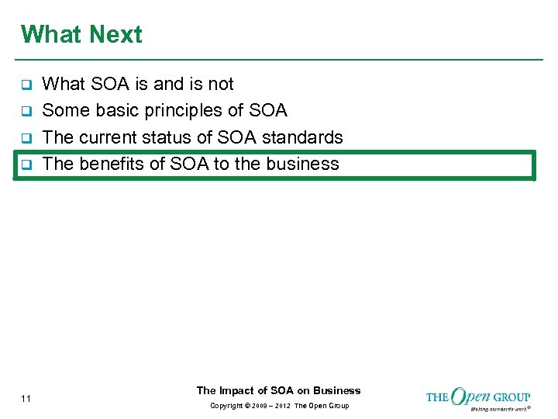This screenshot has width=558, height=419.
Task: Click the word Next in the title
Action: [115, 35]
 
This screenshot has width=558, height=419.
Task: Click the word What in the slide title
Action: [52, 35]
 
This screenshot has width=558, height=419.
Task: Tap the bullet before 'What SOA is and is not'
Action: [25, 85]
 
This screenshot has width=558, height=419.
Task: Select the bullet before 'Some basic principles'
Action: [25, 111]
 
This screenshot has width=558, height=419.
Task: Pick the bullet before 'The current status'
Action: [25, 138]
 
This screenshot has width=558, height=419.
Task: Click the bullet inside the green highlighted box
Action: [25, 165]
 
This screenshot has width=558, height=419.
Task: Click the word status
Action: [182, 137]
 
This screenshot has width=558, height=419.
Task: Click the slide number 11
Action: [26, 399]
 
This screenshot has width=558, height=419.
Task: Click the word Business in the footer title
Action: [337, 390]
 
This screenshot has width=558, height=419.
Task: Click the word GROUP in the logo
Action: [511, 397]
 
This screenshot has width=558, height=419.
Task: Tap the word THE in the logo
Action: [437, 397]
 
